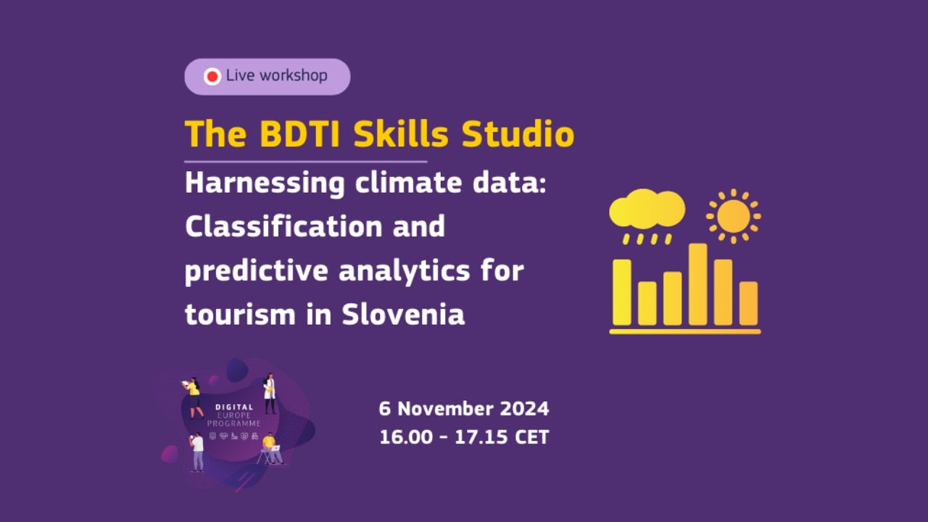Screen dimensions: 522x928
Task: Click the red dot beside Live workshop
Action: click(x=212, y=76)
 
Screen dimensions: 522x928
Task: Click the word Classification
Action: click(x=283, y=227)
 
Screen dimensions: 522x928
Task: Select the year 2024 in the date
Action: click(x=525, y=409)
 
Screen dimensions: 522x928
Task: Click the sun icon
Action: click(x=733, y=216)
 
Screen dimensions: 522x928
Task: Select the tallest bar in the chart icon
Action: click(x=697, y=284)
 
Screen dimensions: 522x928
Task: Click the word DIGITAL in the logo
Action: click(x=233, y=407)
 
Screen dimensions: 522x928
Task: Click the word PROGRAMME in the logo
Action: click(x=233, y=423)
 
